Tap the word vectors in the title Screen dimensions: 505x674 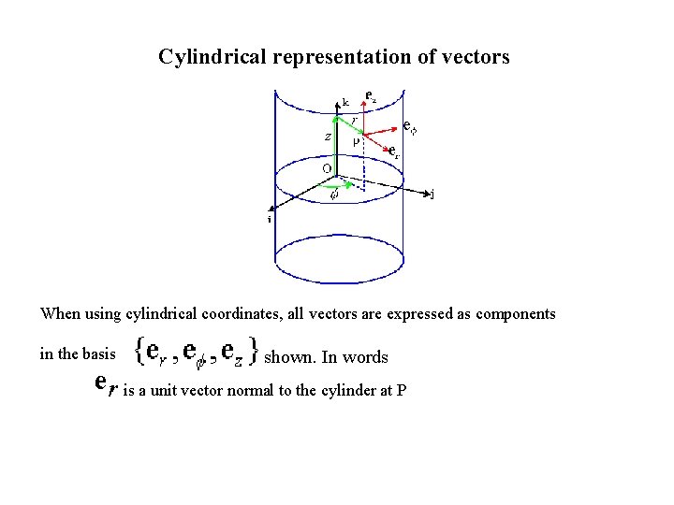(476, 57)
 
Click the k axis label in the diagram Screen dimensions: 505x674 (345, 102)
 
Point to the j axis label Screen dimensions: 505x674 (432, 195)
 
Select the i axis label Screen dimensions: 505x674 (270, 220)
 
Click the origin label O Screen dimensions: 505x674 (327, 168)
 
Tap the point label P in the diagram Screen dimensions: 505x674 (357, 141)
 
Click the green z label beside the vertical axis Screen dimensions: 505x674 (327, 136)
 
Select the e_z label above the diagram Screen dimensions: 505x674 (372, 96)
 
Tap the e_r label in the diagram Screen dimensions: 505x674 (395, 152)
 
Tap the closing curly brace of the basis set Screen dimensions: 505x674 (254, 353)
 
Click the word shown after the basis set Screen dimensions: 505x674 (285, 357)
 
